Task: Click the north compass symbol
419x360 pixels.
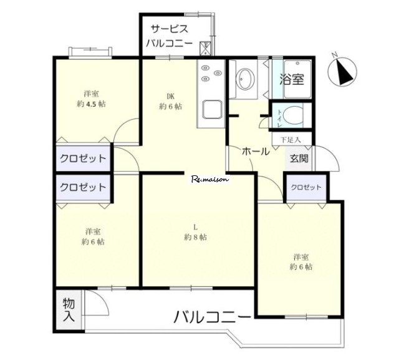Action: (x=342, y=71)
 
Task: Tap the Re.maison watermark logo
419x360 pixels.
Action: (x=211, y=179)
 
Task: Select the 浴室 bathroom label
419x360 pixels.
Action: (x=292, y=79)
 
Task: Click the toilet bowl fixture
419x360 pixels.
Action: (x=292, y=115)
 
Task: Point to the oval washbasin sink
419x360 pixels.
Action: (x=245, y=79)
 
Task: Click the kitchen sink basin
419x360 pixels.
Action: (x=212, y=110)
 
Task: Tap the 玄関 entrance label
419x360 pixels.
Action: (x=299, y=158)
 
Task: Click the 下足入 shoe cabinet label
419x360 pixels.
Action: (x=291, y=140)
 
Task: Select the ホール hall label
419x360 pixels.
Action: (x=256, y=152)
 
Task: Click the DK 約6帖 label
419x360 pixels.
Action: (x=170, y=101)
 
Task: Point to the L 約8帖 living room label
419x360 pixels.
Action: (x=195, y=232)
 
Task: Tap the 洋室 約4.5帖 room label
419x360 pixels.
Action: (x=91, y=99)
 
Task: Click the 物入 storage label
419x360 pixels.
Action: (x=69, y=310)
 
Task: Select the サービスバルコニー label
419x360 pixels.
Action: (x=169, y=36)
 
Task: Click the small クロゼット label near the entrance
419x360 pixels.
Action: (x=306, y=187)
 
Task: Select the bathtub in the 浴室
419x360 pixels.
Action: (x=297, y=79)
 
